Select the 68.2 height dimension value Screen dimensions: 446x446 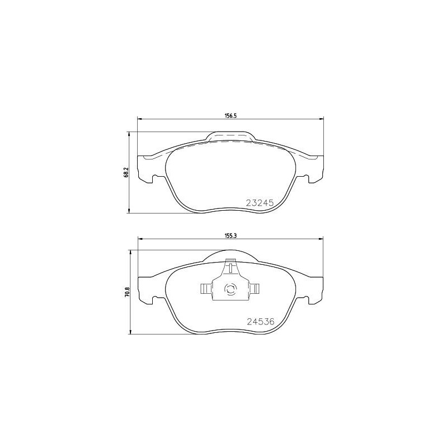coord(127,173)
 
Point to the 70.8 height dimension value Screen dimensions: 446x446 coord(127,292)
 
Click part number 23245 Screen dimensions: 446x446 coord(259,204)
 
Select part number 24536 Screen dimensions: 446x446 coord(259,322)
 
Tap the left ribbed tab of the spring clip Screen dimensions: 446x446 coord(205,289)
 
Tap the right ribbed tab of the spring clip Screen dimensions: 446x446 coord(255,289)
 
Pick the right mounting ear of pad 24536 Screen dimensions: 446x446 coord(315,290)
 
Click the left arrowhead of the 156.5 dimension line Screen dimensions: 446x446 coord(140,119)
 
